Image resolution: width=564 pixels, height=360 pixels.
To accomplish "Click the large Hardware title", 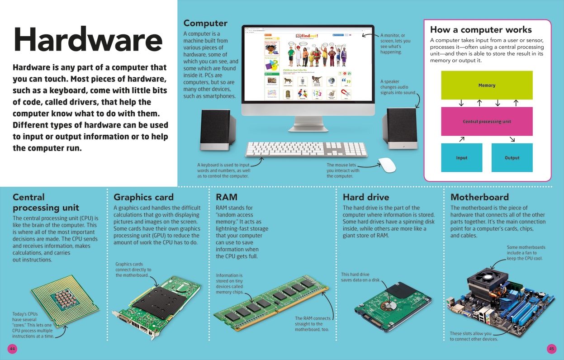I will (x=88, y=40).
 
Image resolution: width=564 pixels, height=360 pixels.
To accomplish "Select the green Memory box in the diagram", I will (x=487, y=85).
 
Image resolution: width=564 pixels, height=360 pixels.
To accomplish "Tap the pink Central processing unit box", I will (x=487, y=121).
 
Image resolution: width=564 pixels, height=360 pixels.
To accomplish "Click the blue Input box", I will (x=461, y=157).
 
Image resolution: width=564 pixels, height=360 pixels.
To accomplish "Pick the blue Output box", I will (x=512, y=157).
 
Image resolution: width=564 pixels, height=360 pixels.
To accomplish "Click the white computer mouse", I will (x=387, y=165).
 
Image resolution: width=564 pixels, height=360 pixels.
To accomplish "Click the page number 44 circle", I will (x=12, y=348).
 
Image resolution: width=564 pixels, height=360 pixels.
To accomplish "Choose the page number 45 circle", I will (x=551, y=348).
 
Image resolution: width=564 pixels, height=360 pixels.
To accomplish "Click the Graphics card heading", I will (x=143, y=197).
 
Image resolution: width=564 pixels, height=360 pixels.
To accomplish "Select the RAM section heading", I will (x=226, y=197).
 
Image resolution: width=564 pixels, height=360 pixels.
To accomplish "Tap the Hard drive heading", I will (x=365, y=197).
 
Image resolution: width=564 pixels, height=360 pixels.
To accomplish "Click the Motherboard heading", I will (x=479, y=197).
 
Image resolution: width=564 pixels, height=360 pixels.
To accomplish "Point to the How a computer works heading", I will (x=481, y=30).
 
